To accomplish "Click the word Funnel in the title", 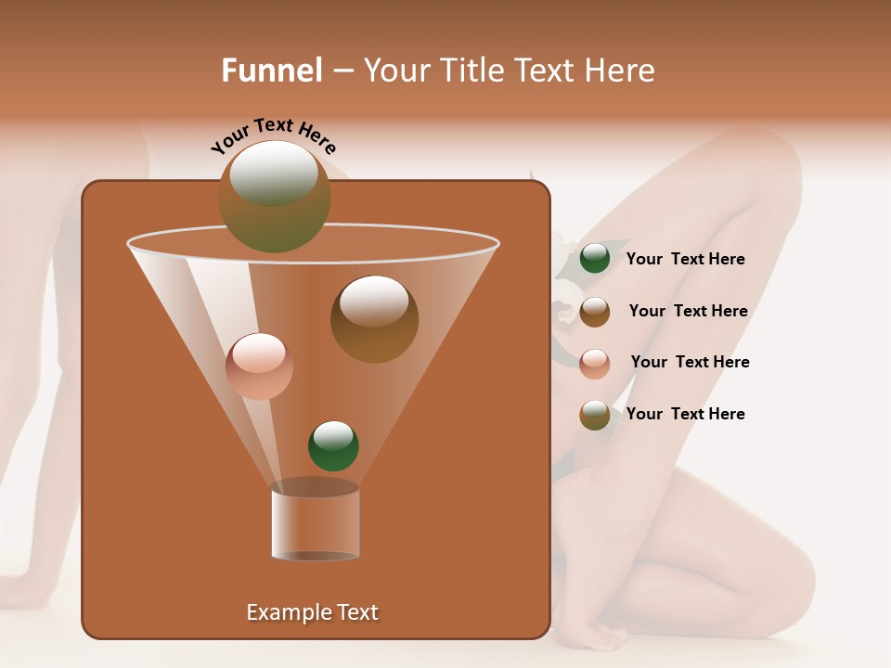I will (x=271, y=71).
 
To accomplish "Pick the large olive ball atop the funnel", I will (x=274, y=196).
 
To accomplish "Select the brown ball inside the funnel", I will (x=374, y=318).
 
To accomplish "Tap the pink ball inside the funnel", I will (x=259, y=366).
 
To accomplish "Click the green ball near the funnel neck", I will (x=333, y=445).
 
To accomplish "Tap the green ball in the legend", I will (x=595, y=259).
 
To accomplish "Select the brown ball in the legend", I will (x=595, y=312).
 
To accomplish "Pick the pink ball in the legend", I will (x=595, y=364).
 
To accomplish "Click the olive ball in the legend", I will (x=595, y=415).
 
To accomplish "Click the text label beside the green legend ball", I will (x=685, y=260).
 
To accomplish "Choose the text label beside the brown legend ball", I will (x=688, y=312).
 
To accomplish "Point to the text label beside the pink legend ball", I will (x=690, y=363).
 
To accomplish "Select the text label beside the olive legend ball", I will (x=685, y=414).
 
